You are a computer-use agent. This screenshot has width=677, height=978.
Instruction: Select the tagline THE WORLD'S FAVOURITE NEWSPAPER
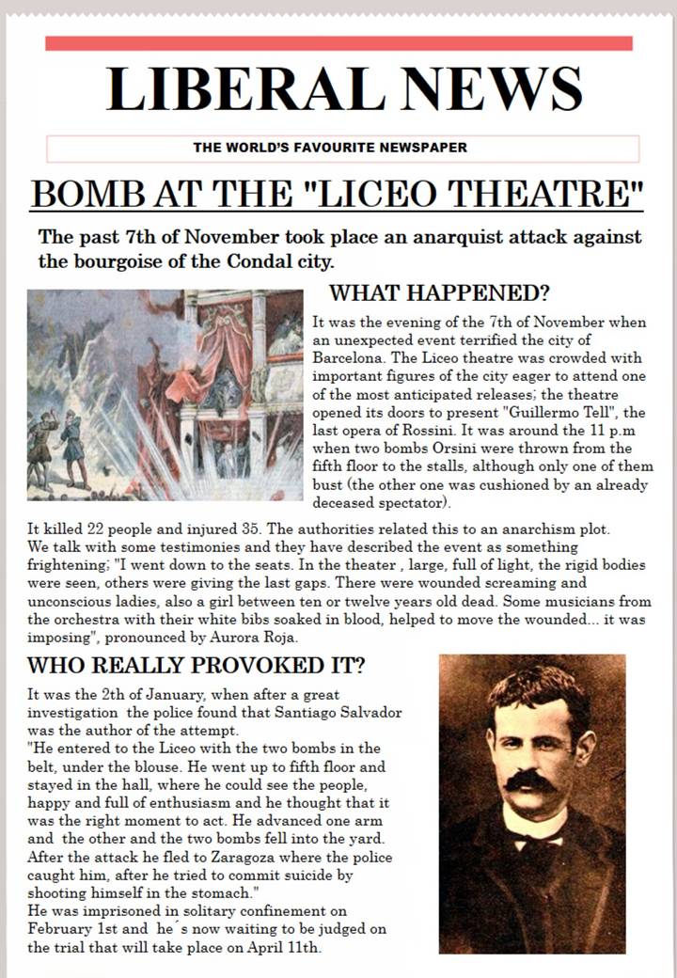(x=329, y=148)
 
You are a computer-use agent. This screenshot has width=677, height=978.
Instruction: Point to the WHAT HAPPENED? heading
(x=439, y=292)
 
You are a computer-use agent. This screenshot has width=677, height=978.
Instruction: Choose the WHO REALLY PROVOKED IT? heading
(x=197, y=666)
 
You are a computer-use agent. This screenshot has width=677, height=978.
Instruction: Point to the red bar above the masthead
(x=338, y=43)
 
